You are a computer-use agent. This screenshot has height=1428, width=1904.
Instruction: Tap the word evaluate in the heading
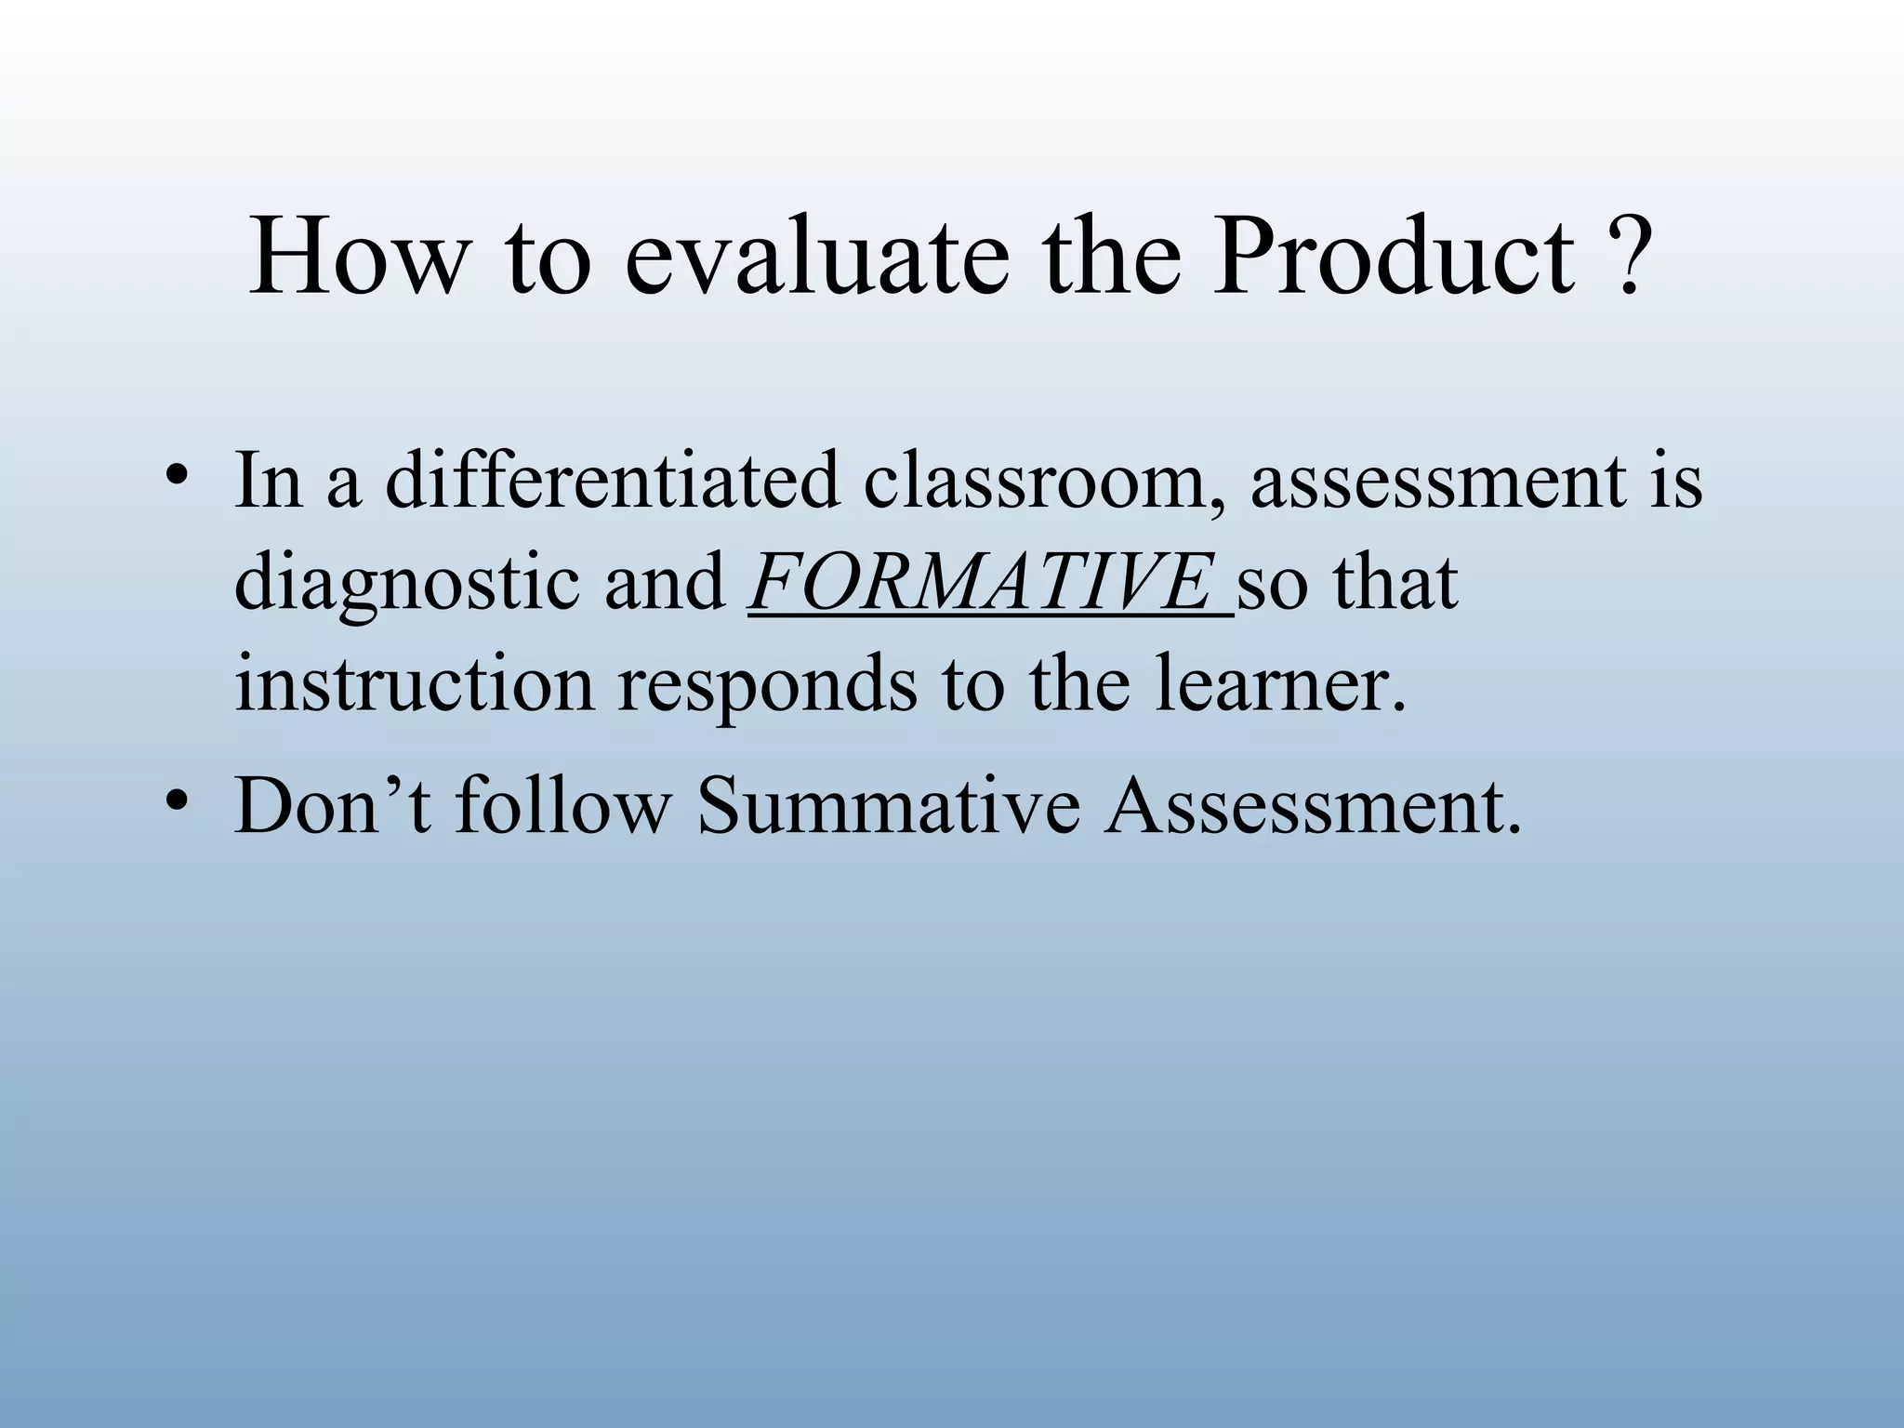coord(816,256)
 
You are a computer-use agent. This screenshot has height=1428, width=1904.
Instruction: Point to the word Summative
coord(889,805)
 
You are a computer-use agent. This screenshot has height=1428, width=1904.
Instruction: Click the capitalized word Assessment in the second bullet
coord(1311,805)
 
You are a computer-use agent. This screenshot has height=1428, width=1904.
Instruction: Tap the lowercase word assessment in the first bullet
coord(1437,482)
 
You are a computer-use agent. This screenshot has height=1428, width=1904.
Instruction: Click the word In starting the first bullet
coord(269,482)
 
